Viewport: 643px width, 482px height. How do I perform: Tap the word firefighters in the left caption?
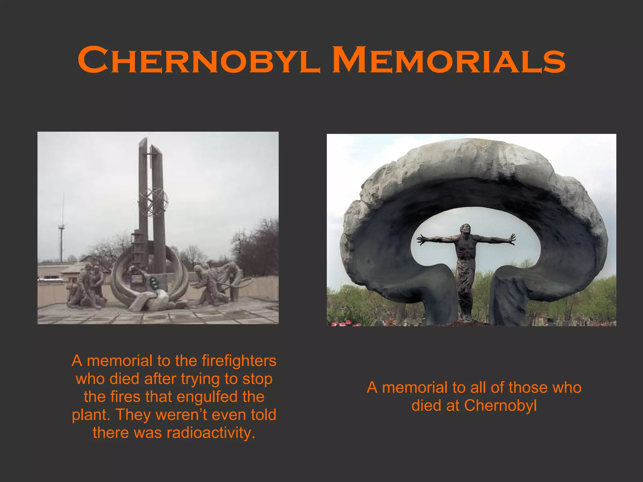239,361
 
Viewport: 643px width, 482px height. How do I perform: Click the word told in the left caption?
263,415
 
